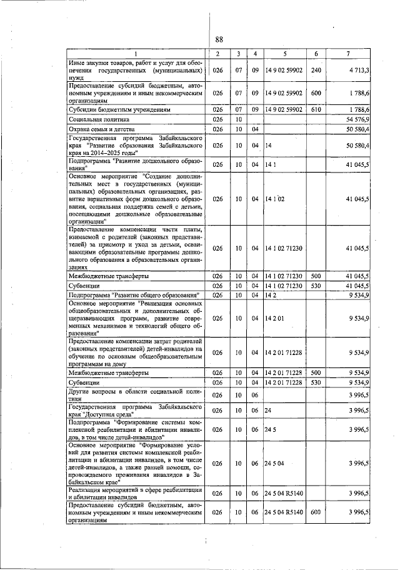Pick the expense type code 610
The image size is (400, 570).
(x=316, y=109)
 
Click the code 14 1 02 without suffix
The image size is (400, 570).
(x=274, y=199)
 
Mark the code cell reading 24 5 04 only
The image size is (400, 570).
(x=274, y=462)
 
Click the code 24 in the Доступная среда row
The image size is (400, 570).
(x=268, y=409)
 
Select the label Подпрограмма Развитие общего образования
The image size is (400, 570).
(x=134, y=294)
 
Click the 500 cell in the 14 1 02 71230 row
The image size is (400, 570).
(x=316, y=275)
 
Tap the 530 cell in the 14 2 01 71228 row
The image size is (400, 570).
(x=316, y=381)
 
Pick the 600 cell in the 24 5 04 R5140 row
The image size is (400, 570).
(x=316, y=512)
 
